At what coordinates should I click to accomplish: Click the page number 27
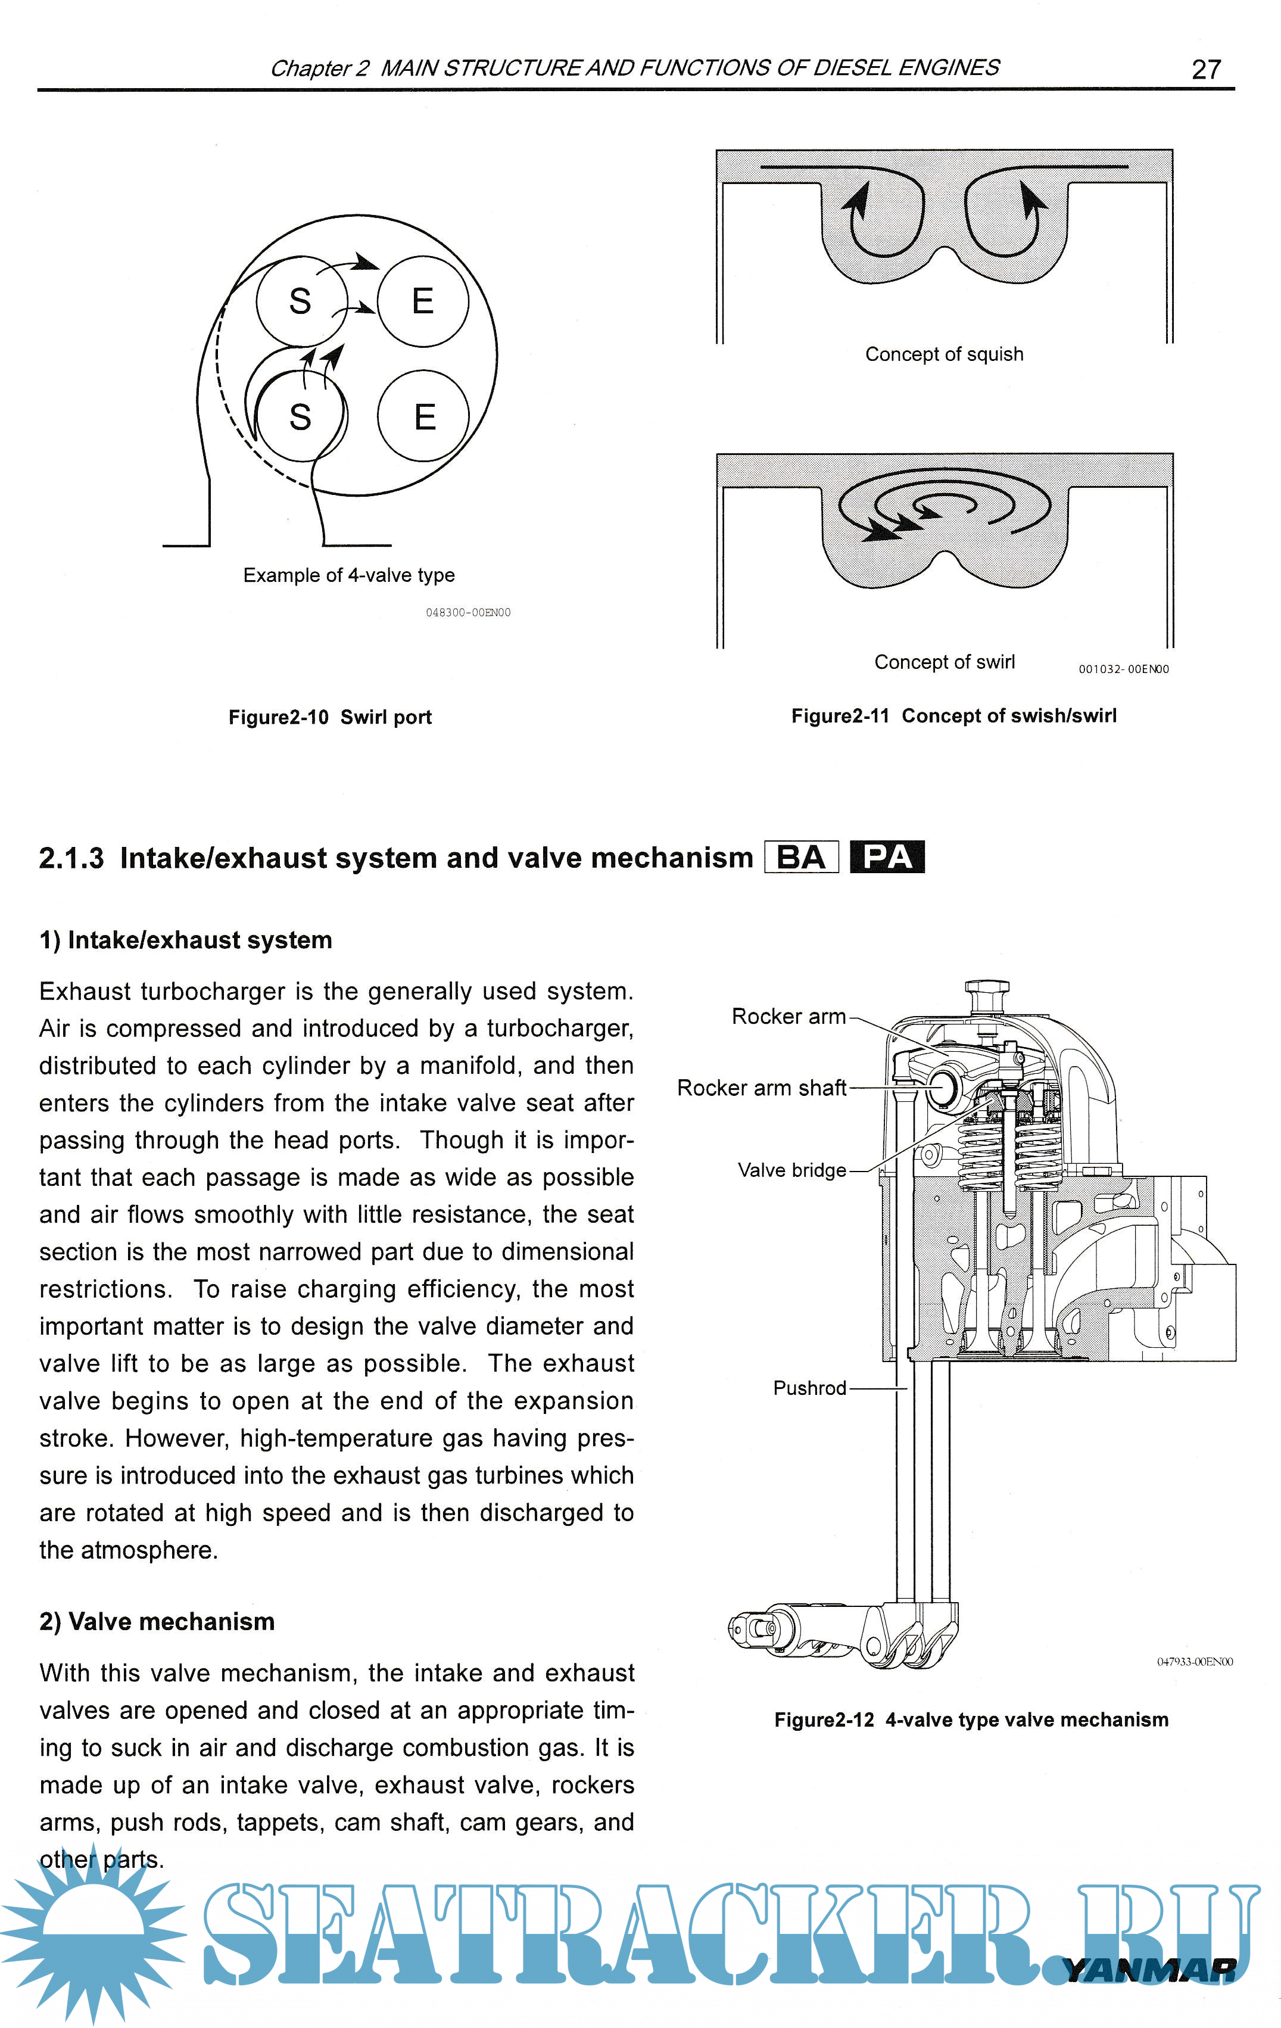(1205, 69)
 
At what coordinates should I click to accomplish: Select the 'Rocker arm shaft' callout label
(761, 1088)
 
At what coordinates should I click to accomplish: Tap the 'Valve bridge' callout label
(791, 1170)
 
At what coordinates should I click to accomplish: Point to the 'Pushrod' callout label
(809, 1388)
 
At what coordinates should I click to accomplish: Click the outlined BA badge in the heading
(801, 857)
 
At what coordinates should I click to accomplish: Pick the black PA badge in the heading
(887, 857)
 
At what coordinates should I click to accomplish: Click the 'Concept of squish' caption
(943, 354)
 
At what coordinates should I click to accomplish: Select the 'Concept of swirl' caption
(944, 662)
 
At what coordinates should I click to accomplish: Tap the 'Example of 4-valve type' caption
(348, 575)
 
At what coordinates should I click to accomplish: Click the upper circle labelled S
(301, 301)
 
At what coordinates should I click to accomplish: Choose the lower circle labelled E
(423, 416)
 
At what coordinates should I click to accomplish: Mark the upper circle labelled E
(423, 301)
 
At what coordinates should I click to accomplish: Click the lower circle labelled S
(301, 416)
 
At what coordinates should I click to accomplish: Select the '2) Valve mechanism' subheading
(157, 1621)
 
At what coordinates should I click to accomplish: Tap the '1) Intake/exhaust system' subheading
(185, 940)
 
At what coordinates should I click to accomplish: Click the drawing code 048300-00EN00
(467, 612)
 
